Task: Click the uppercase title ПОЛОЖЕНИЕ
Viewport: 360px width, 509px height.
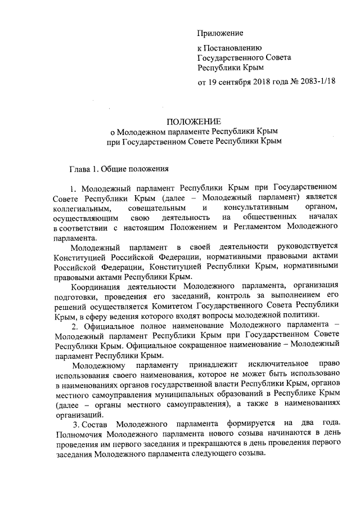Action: [193, 121]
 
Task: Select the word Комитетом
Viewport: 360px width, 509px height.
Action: [171, 307]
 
